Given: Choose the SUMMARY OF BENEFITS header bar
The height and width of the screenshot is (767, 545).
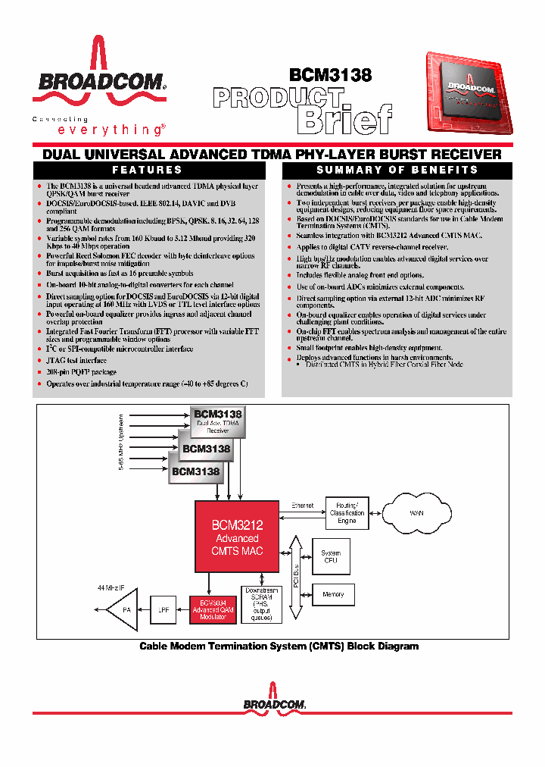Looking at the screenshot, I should click(397, 171).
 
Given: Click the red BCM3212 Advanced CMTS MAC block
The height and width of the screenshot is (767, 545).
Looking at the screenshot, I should click(238, 536).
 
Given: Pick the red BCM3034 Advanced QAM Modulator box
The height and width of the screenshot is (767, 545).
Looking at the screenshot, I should click(213, 609).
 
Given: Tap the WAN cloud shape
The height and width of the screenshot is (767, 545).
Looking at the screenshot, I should click(416, 513).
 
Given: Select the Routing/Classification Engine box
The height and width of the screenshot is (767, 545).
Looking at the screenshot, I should click(347, 513).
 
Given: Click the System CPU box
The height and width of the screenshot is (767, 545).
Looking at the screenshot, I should click(332, 557).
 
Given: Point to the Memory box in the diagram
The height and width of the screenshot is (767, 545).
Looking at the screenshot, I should click(333, 595).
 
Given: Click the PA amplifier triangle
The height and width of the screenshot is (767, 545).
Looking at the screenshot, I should click(122, 609).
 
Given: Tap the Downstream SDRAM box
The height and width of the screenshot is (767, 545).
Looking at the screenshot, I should click(260, 605).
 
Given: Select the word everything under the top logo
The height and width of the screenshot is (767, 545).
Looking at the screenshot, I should click(98, 130).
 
